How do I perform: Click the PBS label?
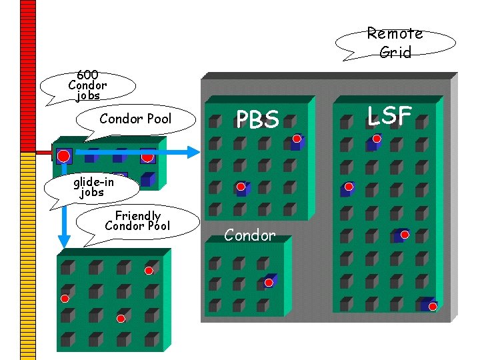[x=258, y=119]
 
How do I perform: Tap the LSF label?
[x=390, y=116]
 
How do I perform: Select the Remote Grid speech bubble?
[x=395, y=43]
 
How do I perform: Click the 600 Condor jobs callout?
[x=87, y=85]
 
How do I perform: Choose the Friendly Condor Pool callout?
[x=138, y=221]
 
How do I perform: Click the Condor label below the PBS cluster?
[x=249, y=235]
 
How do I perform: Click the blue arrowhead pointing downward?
[x=64, y=241]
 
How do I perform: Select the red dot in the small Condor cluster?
[x=269, y=283]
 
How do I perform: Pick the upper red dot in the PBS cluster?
[x=297, y=139]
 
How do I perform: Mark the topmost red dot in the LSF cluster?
[x=377, y=139]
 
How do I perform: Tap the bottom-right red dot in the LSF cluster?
[x=433, y=306]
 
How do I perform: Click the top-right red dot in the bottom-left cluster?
[x=149, y=271]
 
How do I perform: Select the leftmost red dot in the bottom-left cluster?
[x=65, y=298]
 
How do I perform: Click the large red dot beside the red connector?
[x=63, y=157]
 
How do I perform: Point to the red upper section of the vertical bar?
[x=27, y=73]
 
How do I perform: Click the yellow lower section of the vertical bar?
[x=27, y=253]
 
